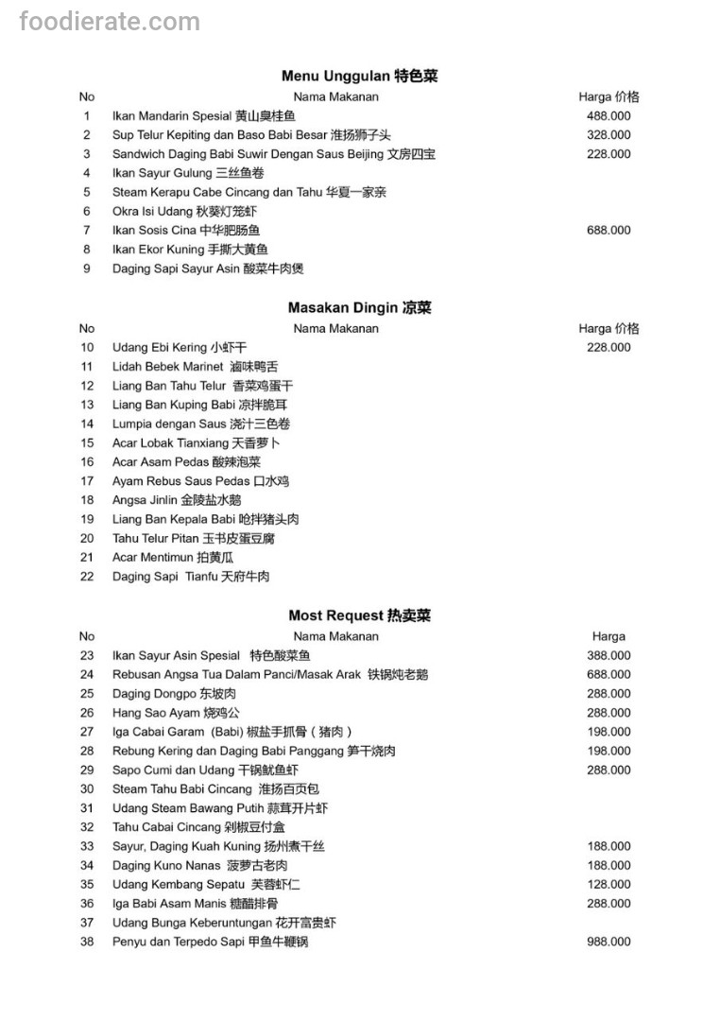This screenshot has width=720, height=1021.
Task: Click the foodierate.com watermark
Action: tap(110, 22)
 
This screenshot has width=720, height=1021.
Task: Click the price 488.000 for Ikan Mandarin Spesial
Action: tap(609, 116)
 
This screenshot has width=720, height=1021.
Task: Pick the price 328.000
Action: tap(609, 135)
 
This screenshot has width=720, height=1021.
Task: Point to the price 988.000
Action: tap(609, 942)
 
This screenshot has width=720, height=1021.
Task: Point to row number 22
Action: tap(87, 577)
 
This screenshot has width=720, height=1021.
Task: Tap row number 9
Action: tap(87, 268)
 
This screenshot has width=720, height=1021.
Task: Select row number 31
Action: tap(87, 808)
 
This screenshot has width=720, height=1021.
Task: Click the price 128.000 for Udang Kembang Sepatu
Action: tap(609, 885)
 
